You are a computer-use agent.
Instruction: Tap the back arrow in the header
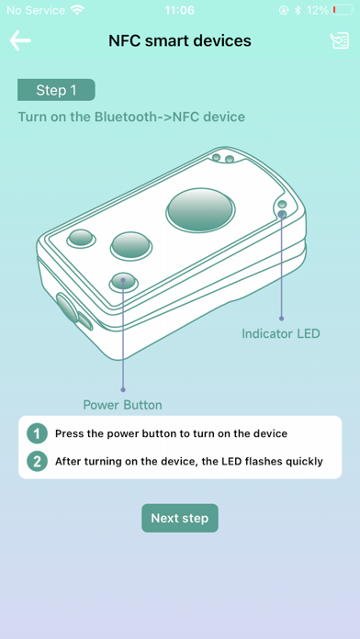20,40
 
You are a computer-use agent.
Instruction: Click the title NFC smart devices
180,40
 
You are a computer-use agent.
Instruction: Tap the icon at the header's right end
340,40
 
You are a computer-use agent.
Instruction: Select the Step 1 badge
56,90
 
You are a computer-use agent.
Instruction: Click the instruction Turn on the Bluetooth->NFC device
131,117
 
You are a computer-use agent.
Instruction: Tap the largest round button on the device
200,210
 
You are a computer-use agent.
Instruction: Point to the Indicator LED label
281,334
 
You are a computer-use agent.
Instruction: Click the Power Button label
123,405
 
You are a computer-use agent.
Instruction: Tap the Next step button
180,518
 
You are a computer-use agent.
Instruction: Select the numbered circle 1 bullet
37,433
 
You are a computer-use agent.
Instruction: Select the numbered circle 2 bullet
37,461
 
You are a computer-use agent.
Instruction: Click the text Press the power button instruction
171,433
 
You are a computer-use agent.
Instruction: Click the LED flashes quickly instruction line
189,461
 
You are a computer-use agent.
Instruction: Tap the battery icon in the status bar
343,10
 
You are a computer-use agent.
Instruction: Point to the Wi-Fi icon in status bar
76,10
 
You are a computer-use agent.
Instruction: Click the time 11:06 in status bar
180,10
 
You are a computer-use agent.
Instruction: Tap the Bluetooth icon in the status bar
298,10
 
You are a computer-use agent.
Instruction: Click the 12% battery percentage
318,10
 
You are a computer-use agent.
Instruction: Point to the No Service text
36,10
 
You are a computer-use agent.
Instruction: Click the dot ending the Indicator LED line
281,319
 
